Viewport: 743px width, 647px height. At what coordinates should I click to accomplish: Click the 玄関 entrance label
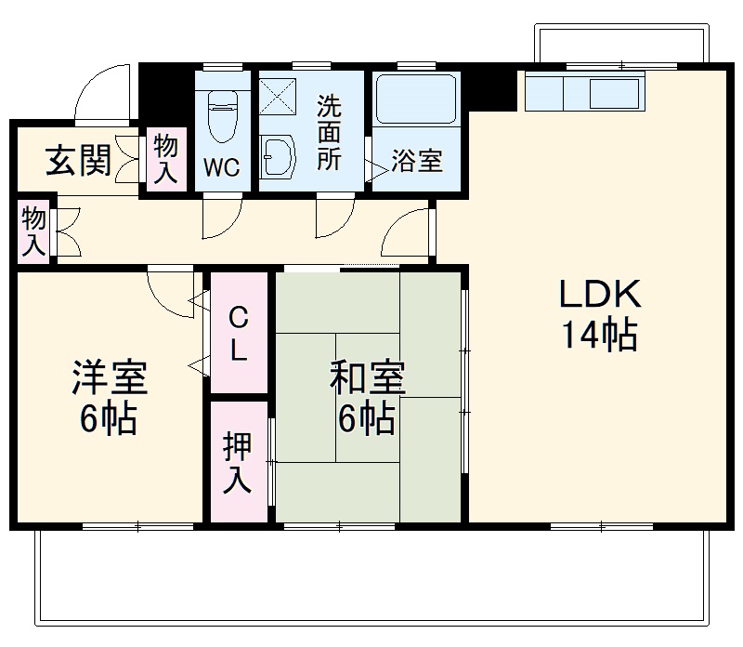(x=79, y=162)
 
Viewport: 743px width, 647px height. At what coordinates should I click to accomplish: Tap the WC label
(x=222, y=168)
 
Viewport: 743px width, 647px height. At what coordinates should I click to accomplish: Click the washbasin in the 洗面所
(x=278, y=155)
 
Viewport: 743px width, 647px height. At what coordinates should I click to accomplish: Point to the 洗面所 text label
(x=329, y=132)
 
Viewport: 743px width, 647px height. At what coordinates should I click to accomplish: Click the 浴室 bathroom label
(x=416, y=161)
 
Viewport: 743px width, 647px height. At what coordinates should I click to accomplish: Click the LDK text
(x=599, y=296)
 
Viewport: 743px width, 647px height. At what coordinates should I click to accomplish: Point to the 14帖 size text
(x=598, y=335)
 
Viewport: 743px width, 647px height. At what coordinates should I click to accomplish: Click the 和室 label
(x=367, y=380)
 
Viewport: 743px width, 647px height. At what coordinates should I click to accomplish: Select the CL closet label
(x=239, y=334)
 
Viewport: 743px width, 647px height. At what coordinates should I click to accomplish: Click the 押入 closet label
(x=238, y=464)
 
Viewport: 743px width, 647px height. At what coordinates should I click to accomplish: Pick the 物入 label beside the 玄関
(x=167, y=160)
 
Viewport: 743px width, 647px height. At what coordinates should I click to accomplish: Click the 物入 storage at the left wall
(x=33, y=231)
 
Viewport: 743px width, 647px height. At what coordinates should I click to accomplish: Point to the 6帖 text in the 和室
(x=366, y=420)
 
